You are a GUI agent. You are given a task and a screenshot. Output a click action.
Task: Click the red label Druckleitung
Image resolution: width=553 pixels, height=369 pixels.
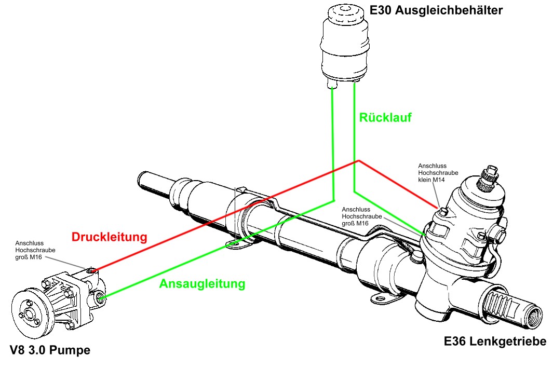point(109,238)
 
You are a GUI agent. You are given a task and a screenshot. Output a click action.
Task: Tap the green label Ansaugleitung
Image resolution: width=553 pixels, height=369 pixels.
point(201,284)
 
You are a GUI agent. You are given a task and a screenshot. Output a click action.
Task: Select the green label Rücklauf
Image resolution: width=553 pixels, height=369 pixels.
point(385,118)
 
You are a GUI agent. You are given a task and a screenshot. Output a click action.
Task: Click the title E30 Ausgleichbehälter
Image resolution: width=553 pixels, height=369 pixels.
point(436,10)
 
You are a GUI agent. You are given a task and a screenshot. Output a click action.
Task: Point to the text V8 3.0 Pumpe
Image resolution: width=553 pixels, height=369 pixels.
point(50,350)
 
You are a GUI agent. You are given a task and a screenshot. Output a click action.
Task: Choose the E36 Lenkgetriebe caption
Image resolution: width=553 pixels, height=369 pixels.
point(495,341)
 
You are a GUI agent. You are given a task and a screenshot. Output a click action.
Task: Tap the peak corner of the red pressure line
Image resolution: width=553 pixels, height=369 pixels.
point(357,161)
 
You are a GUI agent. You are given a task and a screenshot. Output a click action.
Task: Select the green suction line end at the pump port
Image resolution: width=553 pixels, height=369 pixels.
point(102,297)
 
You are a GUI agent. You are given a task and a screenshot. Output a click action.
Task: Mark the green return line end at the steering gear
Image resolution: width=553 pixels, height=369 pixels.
point(425,235)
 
